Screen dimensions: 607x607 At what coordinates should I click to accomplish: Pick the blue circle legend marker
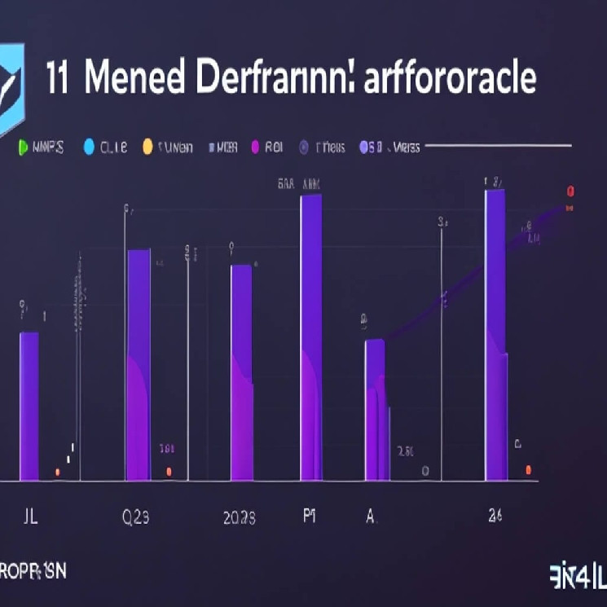(x=89, y=147)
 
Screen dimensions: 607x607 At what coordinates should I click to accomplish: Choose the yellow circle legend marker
(x=147, y=147)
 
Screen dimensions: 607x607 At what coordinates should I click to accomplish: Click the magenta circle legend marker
(x=255, y=147)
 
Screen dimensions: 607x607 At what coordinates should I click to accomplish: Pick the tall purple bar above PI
(x=311, y=337)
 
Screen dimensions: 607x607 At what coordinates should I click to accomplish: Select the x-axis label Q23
(x=136, y=517)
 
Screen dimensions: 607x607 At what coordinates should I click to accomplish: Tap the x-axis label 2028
(x=239, y=518)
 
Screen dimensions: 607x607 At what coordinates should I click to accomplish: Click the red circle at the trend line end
(x=571, y=191)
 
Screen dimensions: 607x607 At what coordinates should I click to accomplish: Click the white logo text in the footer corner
(x=578, y=573)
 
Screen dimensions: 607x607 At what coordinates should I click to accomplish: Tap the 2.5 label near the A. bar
(x=406, y=451)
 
